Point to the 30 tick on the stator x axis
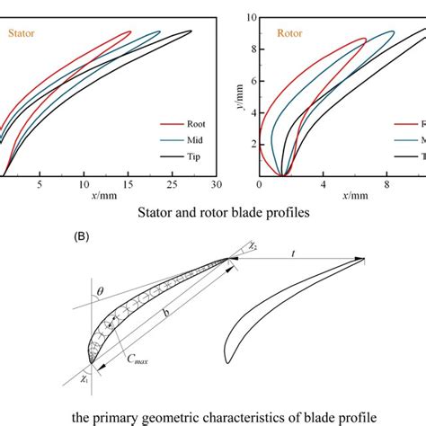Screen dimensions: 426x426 217,183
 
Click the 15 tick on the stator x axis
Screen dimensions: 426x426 128,183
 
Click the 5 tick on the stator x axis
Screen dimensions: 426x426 40,183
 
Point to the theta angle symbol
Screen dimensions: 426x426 100,291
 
